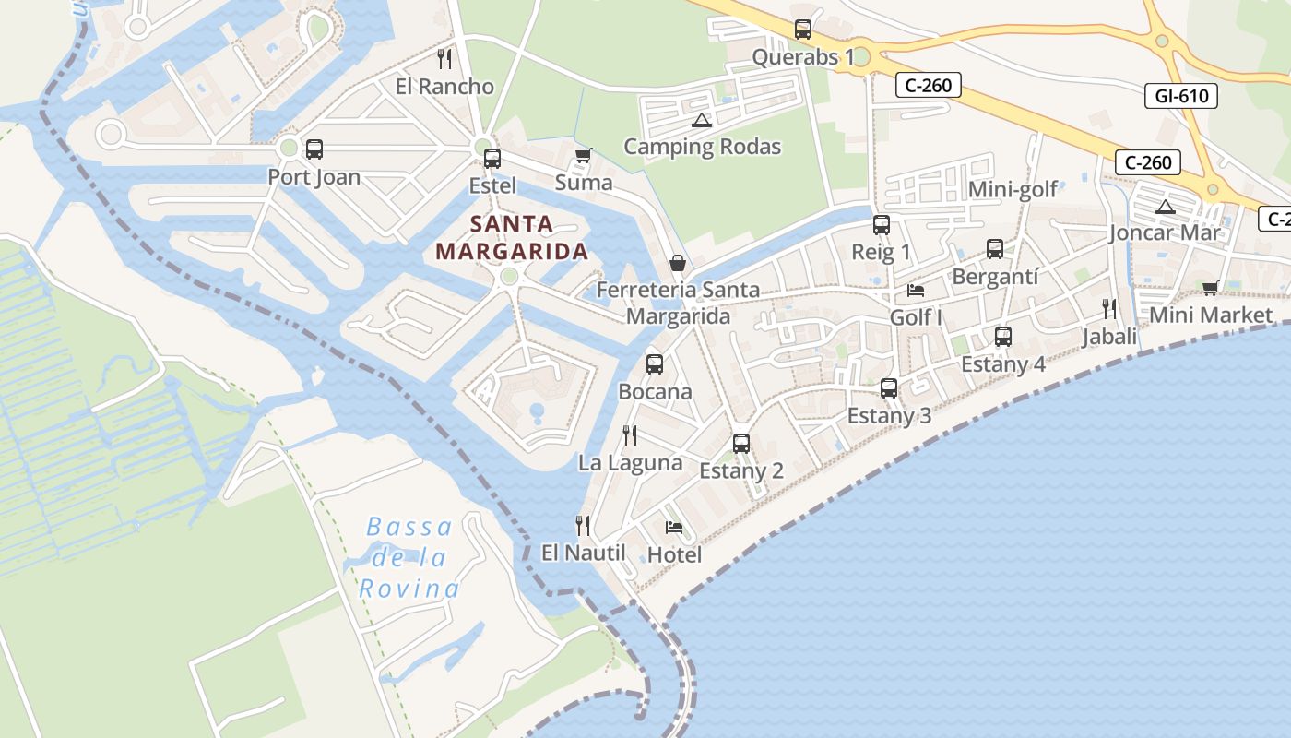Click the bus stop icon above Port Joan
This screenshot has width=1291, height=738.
click(314, 149)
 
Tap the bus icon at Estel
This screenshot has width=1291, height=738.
click(492, 158)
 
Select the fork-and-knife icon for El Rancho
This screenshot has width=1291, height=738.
click(444, 59)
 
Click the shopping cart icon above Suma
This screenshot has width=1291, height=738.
click(583, 155)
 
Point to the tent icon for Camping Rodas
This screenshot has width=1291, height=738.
click(702, 120)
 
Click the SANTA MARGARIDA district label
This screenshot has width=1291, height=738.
click(512, 237)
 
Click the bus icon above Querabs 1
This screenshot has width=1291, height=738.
click(803, 30)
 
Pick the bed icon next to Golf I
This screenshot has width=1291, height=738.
click(916, 290)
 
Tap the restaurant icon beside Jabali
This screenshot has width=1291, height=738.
click(1109, 308)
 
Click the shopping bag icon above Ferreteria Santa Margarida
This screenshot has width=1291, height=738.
click(678, 263)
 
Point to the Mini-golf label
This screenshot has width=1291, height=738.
click(1013, 190)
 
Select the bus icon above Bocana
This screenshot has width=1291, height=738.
click(655, 363)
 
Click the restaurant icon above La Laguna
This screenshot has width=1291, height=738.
click(630, 434)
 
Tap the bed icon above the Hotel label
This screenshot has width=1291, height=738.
click(674, 528)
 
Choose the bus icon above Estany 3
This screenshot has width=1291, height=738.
click(889, 388)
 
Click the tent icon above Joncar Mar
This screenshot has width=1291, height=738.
click(1165, 207)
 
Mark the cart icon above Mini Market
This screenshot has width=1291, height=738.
click(1210, 288)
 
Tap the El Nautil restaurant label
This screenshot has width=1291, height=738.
click(584, 553)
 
